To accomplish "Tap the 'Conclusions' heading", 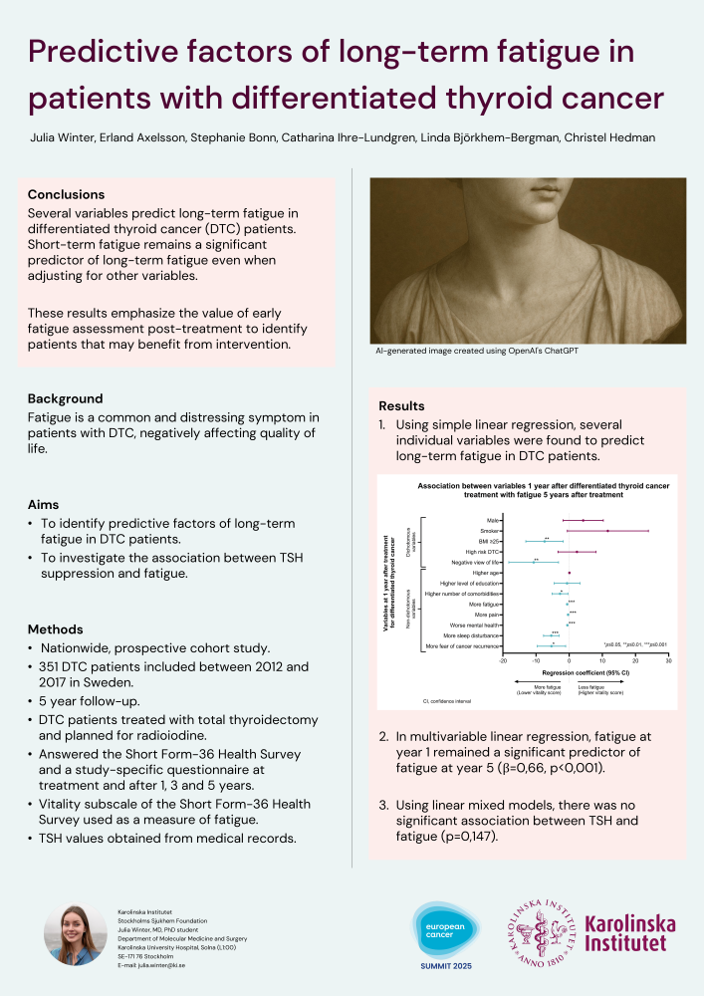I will coord(66,194).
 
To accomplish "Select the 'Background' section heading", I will coord(65,398).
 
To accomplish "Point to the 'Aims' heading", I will coord(45,504).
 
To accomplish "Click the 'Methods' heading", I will coord(55,629).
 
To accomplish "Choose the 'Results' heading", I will coord(401,406).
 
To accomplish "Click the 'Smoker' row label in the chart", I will coord(491,530).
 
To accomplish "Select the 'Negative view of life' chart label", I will coord(477,562).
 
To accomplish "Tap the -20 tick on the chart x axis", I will coord(503,660).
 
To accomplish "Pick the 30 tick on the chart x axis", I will coord(668,660).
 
